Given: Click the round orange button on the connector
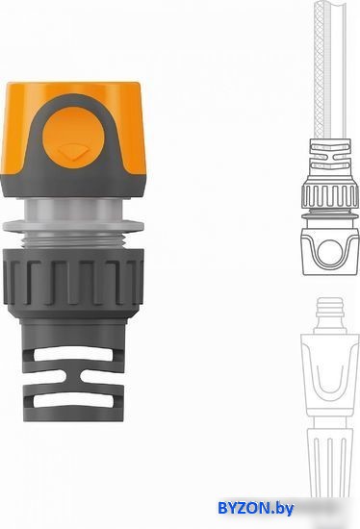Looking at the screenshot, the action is pyautogui.click(x=71, y=137).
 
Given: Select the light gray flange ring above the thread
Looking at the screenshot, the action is pyautogui.click(x=73, y=226).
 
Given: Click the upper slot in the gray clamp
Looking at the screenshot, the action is pyautogui.click(x=73, y=354).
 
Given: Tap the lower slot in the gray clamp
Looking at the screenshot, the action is pyautogui.click(x=73, y=400).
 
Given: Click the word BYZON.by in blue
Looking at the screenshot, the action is pyautogui.click(x=256, y=508).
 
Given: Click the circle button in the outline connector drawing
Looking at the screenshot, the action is pyautogui.click(x=329, y=252).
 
